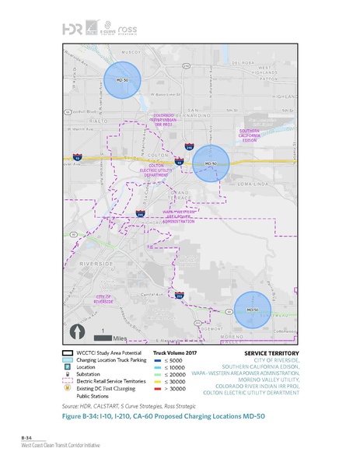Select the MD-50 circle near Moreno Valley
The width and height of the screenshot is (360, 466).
pos(252,310)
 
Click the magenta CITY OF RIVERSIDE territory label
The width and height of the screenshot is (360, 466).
pos(104,300)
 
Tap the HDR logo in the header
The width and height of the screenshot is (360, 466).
pos(72,28)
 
